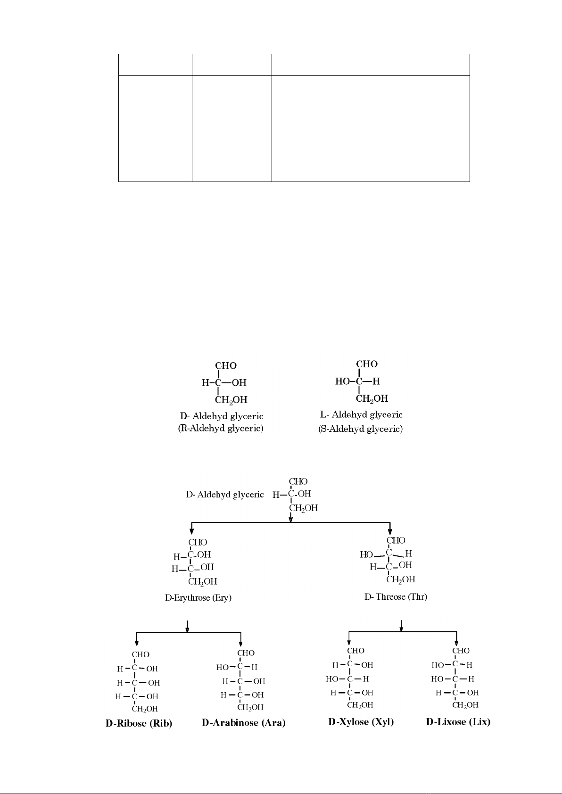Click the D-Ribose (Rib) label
point(139,724)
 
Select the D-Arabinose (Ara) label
point(244,723)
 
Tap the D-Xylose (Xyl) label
point(361,722)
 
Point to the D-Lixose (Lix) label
point(458,722)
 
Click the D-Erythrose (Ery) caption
point(198,598)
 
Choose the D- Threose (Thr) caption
point(396,597)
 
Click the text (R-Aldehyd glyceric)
point(221,429)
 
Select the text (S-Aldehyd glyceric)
point(361,429)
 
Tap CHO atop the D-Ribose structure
point(140,654)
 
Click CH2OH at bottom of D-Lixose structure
point(465,705)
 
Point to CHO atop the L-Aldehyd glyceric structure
point(367,364)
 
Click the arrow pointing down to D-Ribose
point(137,640)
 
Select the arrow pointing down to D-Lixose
point(456,640)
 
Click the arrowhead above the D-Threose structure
point(390,530)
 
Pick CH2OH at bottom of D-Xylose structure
point(360,705)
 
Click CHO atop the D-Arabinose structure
point(246,653)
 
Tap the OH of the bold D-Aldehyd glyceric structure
point(239,382)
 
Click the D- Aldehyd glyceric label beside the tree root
point(225,495)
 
